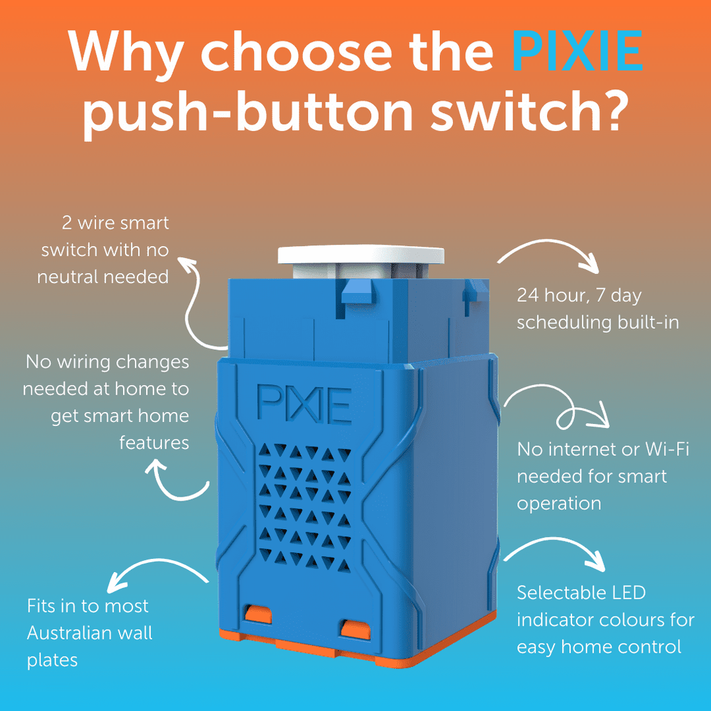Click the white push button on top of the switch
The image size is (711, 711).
pyautogui.click(x=360, y=255)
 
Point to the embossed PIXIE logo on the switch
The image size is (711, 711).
pyautogui.click(x=304, y=403)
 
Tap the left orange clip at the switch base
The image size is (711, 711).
pyautogui.click(x=259, y=614)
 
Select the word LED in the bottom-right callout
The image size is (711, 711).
pyautogui.click(x=626, y=592)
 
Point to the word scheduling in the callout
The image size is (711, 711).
pyautogui.click(x=564, y=322)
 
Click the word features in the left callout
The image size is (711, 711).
pyautogui.click(x=153, y=442)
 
